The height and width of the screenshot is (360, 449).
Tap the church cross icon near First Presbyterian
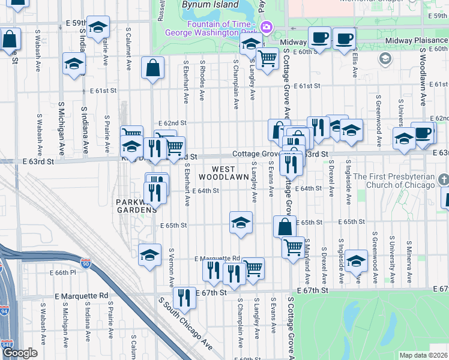[444, 179]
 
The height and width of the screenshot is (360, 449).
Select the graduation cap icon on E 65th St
[241, 223]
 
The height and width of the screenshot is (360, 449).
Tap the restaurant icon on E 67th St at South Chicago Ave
[185, 297]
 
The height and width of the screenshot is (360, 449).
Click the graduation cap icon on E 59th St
[98, 26]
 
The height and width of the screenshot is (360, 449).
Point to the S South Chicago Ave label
[185, 324]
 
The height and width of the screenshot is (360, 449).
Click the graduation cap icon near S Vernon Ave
[149, 255]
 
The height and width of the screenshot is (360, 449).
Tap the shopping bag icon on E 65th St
[285, 226]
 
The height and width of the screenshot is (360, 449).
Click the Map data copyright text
[423, 355]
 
